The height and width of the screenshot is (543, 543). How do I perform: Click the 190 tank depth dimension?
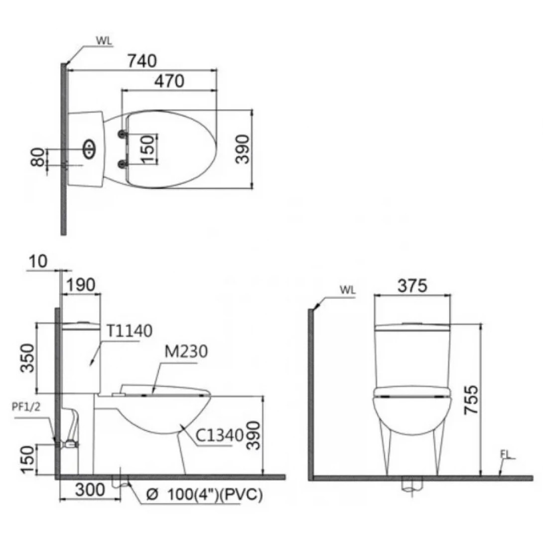click(80, 285)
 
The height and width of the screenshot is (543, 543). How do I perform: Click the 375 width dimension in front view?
click(412, 286)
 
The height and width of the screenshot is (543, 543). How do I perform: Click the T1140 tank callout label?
click(129, 330)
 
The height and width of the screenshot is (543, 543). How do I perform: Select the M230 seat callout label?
click(184, 352)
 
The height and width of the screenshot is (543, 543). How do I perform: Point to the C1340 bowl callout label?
click(219, 435)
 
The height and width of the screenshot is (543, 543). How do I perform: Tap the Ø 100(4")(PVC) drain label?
click(204, 496)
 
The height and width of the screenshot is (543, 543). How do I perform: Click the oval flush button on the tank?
click(89, 148)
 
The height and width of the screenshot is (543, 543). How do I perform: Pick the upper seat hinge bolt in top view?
click(121, 133)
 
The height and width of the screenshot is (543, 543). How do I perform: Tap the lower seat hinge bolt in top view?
click(121, 163)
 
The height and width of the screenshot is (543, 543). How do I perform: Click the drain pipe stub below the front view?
click(411, 485)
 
